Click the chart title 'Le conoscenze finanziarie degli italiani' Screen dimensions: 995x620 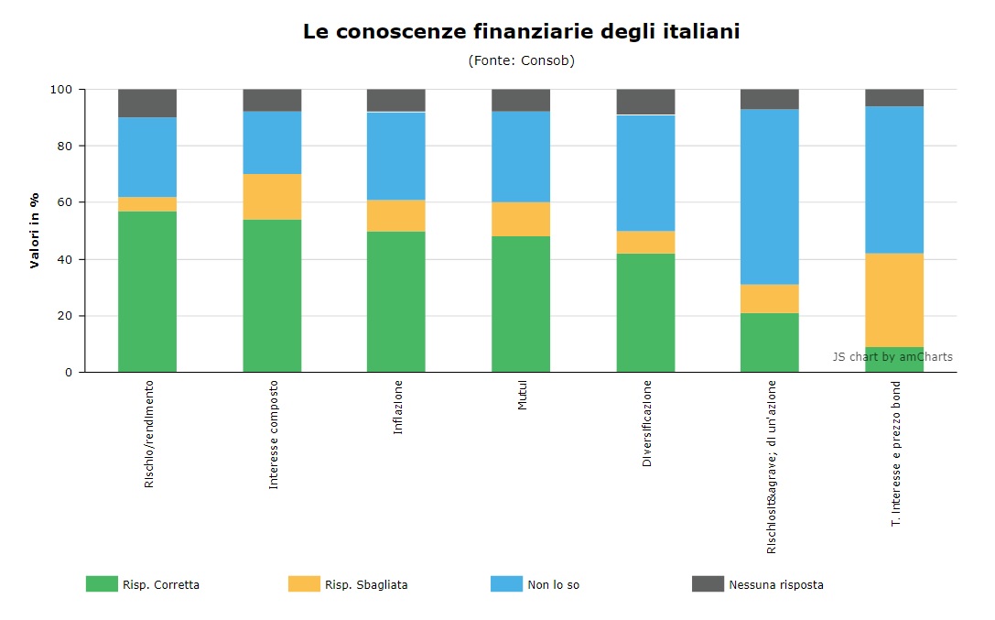coord(521,32)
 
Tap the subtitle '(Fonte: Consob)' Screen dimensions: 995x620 coord(521,61)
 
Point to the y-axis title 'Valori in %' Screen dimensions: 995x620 coord(34,231)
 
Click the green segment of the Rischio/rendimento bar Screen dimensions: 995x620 coord(147,291)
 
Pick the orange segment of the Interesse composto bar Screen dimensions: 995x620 coord(272,197)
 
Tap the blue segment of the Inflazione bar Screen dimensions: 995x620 coord(396,156)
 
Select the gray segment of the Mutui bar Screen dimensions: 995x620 coord(521,100)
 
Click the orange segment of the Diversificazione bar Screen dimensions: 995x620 coord(646,242)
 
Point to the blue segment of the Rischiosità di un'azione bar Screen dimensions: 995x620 coord(770,197)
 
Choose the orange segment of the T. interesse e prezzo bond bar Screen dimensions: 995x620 coord(894,300)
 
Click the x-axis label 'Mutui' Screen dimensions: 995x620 coord(523,396)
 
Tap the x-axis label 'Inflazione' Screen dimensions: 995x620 coord(398,408)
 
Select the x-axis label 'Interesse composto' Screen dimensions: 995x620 coord(274,435)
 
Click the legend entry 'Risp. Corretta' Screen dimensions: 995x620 coord(143,584)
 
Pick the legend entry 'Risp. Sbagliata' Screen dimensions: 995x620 coord(348,584)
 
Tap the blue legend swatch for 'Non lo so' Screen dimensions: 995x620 coord(506,584)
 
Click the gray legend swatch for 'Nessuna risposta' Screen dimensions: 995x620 coord(708,584)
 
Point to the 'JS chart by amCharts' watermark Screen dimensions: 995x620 coord(892,356)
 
